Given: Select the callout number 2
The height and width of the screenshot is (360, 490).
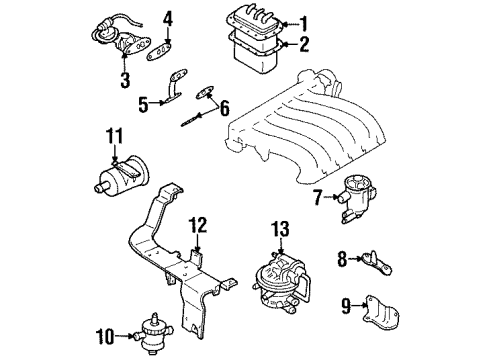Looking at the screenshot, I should [x=307, y=43].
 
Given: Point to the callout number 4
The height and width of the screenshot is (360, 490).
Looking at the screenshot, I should [x=169, y=17].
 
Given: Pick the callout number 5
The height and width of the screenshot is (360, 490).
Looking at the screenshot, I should [x=144, y=102].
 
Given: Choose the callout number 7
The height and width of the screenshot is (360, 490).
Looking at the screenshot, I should [x=318, y=196].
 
